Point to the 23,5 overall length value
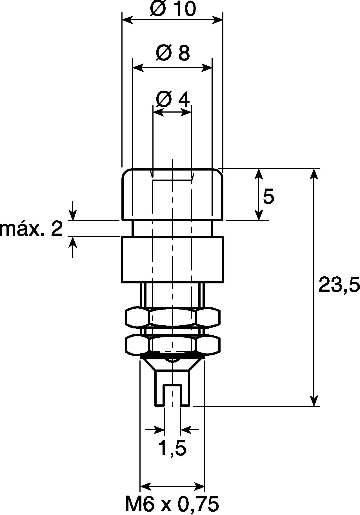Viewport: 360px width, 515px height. coord(339,285)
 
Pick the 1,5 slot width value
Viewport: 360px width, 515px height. coord(172,449)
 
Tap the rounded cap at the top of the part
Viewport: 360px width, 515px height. coord(172,194)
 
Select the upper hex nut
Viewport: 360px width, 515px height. coord(172,318)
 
